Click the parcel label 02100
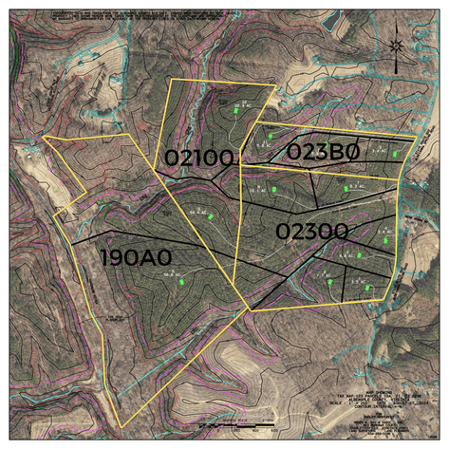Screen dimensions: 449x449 [199, 159]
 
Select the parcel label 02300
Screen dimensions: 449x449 [311, 231]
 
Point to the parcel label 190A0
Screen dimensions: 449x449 [136, 257]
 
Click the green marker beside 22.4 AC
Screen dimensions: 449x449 [235, 113]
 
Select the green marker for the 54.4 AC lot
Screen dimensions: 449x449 [207, 214]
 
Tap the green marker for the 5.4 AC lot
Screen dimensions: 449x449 [385, 240]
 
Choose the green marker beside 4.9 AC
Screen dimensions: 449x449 [329, 282]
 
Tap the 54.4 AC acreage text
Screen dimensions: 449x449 [196, 211]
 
